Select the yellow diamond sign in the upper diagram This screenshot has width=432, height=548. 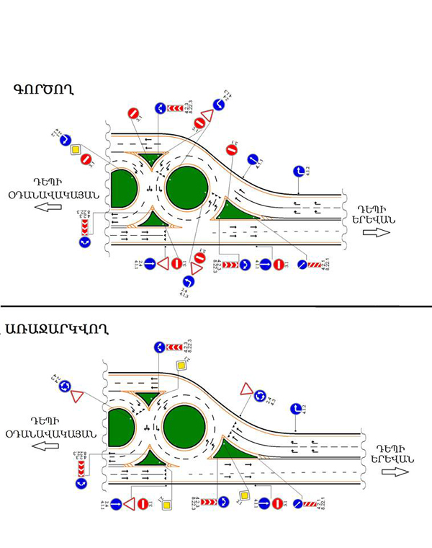coord(75,150)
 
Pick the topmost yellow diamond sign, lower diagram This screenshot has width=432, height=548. coord(181,366)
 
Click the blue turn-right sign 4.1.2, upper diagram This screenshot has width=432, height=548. coord(300,172)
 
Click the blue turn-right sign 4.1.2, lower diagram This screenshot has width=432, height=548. coord(295,409)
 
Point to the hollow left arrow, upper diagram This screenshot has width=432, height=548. coord(49,207)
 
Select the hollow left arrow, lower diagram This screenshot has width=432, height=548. coord(50,446)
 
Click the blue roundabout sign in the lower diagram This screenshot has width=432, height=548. coord(64,386)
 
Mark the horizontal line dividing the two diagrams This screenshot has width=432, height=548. coord(216,306)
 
